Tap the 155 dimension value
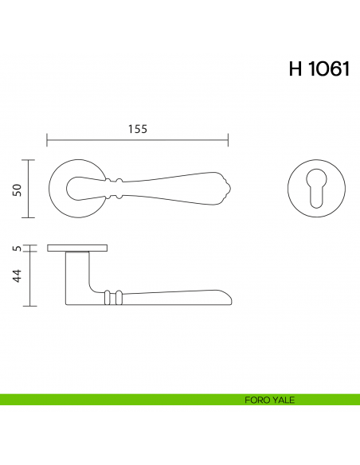(137, 130)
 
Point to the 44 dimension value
(16, 277)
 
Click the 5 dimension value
(16, 248)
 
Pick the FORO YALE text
(270, 400)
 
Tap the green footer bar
(119, 400)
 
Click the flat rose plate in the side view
(78, 248)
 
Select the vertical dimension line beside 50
(29, 189)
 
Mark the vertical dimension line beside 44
(29, 279)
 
